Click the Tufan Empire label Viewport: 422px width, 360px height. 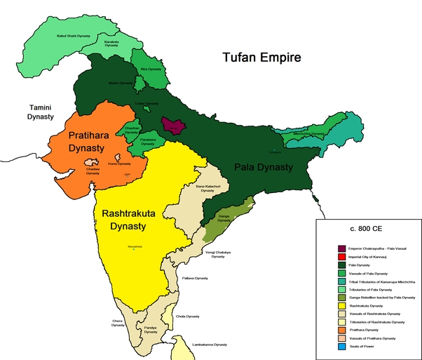point(261,58)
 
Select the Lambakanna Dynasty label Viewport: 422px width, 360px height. point(210,345)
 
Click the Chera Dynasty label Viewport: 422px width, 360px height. point(118,323)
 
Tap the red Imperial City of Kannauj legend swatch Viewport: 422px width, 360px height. point(341,256)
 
